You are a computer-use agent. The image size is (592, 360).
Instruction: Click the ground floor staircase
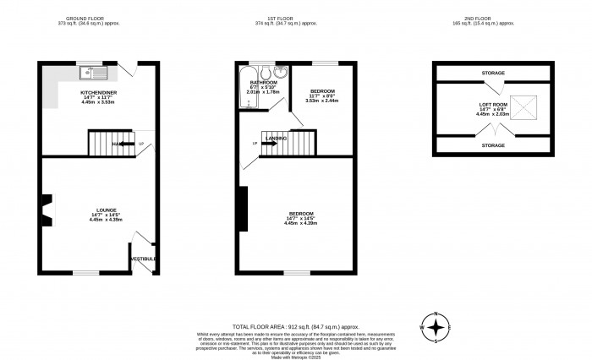111,143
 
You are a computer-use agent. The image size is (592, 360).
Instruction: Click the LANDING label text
277,137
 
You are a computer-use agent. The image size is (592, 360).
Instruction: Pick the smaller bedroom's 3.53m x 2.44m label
322,100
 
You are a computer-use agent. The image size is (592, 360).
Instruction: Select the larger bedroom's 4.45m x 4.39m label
300,223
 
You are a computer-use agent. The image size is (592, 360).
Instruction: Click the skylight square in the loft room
524,106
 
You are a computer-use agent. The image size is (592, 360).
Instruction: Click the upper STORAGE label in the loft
493,74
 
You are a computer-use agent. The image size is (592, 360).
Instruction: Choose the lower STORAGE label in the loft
493,145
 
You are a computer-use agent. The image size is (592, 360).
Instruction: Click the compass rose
436,328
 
